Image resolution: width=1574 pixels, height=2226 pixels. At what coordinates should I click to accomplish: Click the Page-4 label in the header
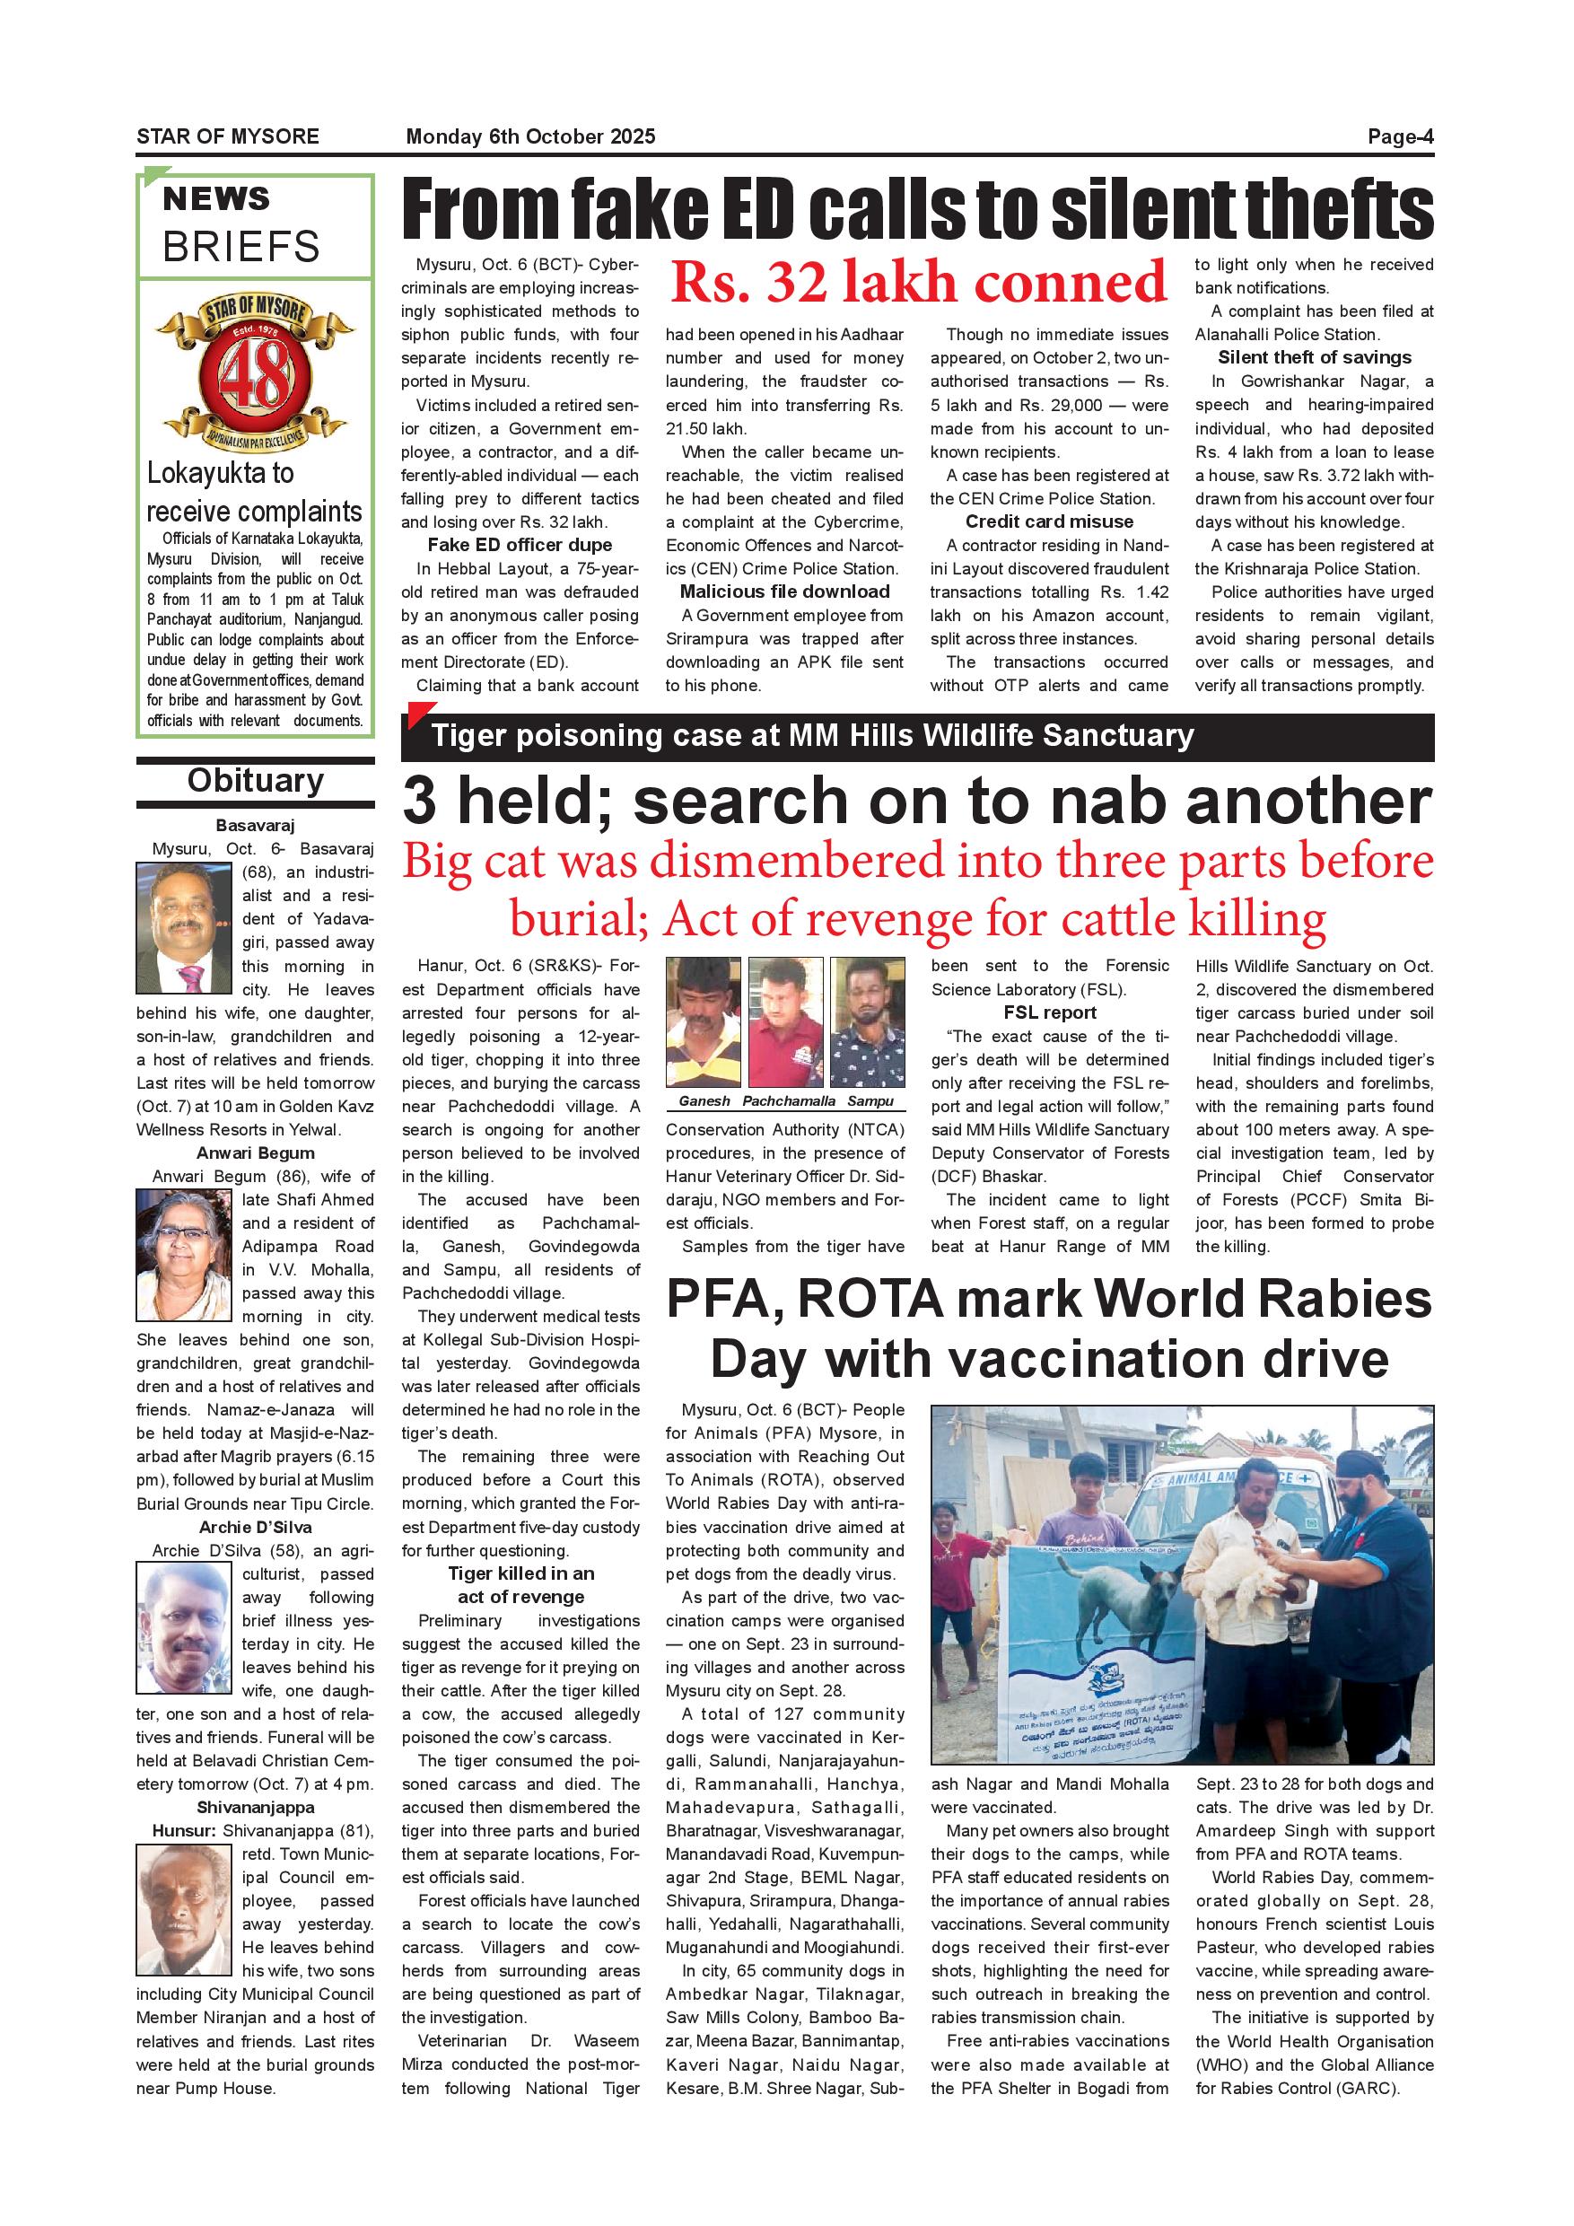click(x=1400, y=136)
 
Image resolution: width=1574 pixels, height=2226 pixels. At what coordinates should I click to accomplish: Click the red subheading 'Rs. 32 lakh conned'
click(x=917, y=282)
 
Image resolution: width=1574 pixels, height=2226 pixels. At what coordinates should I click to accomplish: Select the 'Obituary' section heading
click(x=255, y=781)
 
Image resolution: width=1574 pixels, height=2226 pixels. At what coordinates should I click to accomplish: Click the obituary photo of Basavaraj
click(x=184, y=928)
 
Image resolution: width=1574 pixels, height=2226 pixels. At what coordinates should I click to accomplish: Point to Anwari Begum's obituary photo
click(x=184, y=1256)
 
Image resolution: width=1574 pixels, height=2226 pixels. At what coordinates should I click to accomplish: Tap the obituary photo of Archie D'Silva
click(x=184, y=1628)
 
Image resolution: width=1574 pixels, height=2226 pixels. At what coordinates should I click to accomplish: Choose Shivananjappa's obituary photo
click(x=184, y=1909)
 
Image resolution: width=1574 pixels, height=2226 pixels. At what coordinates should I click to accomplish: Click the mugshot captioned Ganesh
click(x=704, y=1021)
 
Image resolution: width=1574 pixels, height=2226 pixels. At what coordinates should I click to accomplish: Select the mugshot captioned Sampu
click(x=869, y=1021)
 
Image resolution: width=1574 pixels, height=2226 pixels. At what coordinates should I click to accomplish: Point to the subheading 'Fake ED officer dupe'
click(x=520, y=545)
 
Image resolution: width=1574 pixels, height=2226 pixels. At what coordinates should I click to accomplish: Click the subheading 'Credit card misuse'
click(x=1049, y=521)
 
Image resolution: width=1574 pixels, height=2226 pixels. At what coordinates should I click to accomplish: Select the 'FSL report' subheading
click(x=1050, y=1012)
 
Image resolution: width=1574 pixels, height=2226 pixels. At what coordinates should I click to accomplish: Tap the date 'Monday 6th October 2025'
click(x=530, y=136)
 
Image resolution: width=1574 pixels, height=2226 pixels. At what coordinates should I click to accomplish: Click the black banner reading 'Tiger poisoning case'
click(x=916, y=736)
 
